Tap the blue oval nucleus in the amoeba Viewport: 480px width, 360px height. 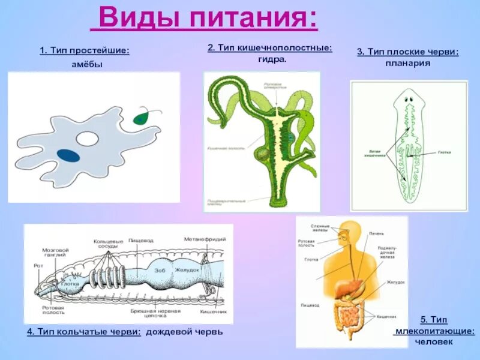69,155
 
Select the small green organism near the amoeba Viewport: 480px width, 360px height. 143,116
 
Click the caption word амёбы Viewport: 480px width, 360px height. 83,64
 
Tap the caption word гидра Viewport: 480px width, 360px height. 272,59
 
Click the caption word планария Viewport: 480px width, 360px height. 408,63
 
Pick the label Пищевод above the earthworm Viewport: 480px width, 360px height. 141,240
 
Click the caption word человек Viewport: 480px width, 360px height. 436,342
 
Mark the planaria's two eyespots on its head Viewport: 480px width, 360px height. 409,100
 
